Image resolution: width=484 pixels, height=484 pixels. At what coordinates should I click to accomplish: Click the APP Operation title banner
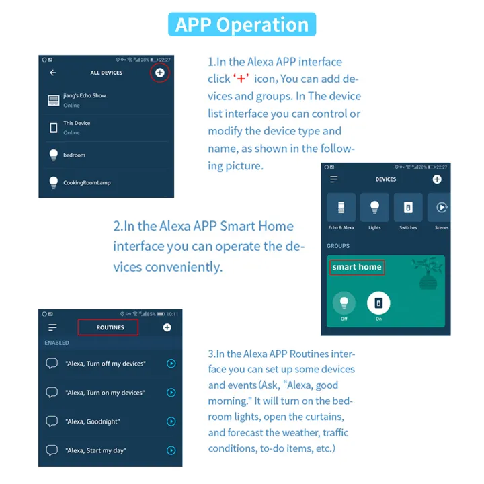[x=242, y=24]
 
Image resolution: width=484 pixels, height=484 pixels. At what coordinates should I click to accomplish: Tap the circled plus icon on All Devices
[x=159, y=73]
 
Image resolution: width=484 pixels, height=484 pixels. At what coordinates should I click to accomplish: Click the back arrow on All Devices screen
[x=53, y=73]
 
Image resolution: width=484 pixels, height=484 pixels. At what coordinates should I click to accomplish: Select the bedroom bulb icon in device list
[x=54, y=155]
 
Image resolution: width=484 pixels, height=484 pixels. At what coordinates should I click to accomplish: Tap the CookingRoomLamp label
[x=87, y=182]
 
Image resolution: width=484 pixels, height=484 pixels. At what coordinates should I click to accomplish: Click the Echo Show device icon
[x=53, y=100]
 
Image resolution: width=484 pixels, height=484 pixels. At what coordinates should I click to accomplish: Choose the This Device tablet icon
[x=53, y=128]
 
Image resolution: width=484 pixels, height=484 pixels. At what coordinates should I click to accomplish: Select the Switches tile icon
[x=408, y=208]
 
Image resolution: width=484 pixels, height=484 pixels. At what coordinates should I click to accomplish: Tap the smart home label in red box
[x=357, y=267]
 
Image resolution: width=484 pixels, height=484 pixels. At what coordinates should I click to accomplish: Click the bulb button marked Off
[x=344, y=302]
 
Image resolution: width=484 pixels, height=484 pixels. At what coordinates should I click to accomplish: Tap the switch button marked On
[x=378, y=302]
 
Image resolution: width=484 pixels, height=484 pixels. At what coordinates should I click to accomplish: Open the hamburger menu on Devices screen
[x=333, y=179]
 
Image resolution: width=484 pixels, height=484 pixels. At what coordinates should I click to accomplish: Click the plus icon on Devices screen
[x=437, y=179]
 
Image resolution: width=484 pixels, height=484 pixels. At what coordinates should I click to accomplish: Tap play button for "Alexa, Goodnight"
[x=171, y=421]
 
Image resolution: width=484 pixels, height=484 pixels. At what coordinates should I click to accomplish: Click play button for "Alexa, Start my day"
[x=171, y=450]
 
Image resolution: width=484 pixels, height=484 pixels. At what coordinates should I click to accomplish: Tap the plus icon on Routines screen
[x=167, y=327]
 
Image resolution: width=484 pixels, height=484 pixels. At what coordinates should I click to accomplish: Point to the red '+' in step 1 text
[x=241, y=79]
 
